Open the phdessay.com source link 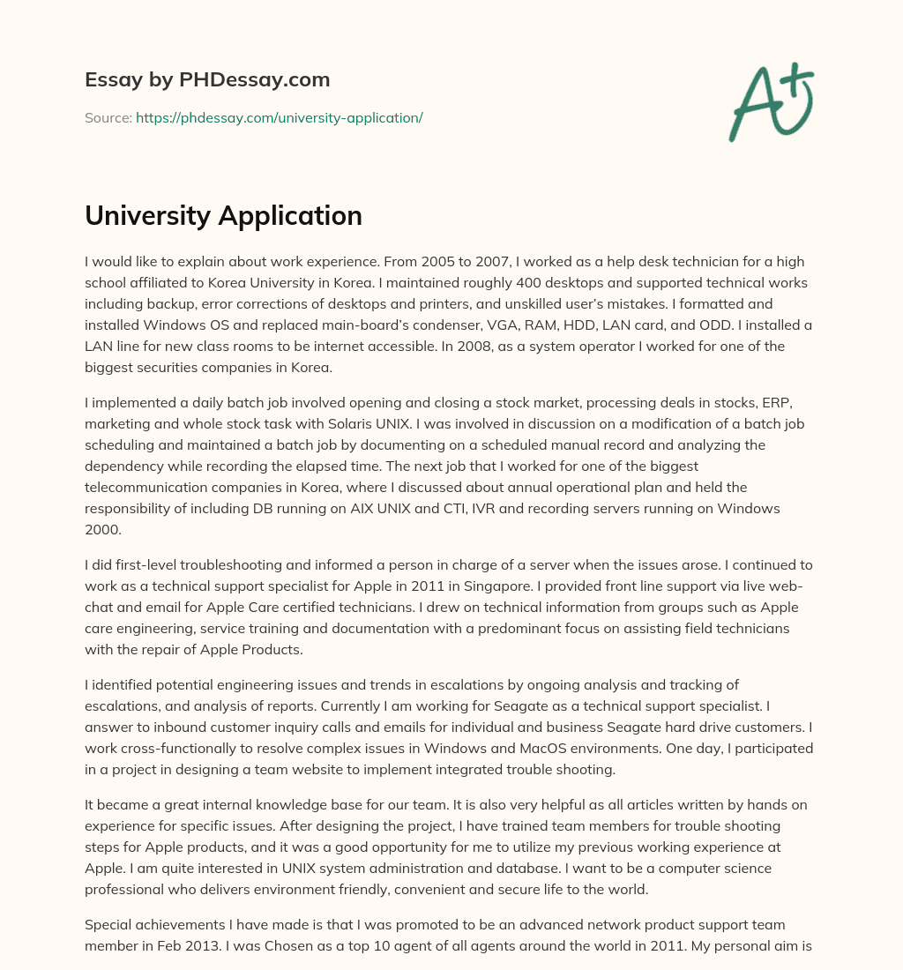279,117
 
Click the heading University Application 223,215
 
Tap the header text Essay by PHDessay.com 207,79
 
